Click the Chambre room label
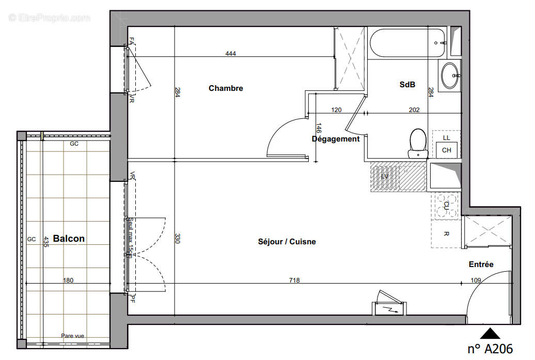tap(226, 88)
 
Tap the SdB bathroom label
tap(407, 85)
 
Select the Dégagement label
tap(336, 139)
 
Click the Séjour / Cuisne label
tap(287, 242)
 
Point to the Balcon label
tap(69, 239)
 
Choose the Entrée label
tap(481, 264)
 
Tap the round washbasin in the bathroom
tap(449, 75)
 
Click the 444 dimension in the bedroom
tap(230, 54)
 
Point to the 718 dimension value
tap(294, 280)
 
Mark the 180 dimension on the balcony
tap(68, 280)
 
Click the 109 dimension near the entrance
tap(476, 280)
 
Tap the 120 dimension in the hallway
tap(337, 109)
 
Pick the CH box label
tap(447, 150)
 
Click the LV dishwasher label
tap(385, 177)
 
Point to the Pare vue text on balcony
tap(72, 335)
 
